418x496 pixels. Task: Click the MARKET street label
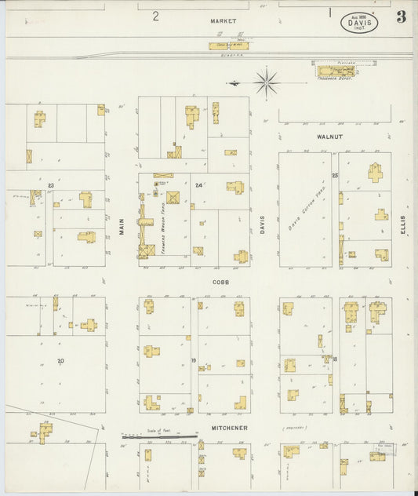click(x=223, y=20)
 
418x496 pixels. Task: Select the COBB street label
click(x=220, y=280)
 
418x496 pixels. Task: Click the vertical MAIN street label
click(x=122, y=228)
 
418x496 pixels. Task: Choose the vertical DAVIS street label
click(x=263, y=226)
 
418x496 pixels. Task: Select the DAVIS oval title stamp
click(x=359, y=23)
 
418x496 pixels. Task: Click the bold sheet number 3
click(x=401, y=16)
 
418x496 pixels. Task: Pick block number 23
click(x=50, y=185)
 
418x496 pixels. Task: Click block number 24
click(x=198, y=186)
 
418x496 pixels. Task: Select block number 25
click(x=335, y=175)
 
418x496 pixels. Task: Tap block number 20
click(x=60, y=360)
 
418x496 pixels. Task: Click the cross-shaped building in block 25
click(x=375, y=172)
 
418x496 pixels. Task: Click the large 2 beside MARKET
click(x=155, y=16)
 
